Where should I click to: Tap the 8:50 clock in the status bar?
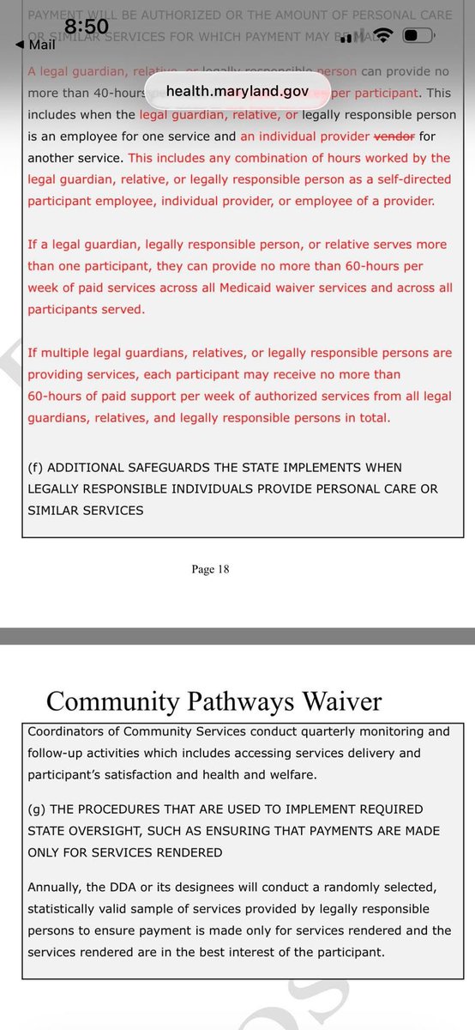coord(87,27)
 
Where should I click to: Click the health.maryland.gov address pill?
coord(237,90)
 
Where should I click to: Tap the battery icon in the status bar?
coord(416,35)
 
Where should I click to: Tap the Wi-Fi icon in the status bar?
coord(382,35)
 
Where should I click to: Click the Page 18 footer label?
coord(211,568)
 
